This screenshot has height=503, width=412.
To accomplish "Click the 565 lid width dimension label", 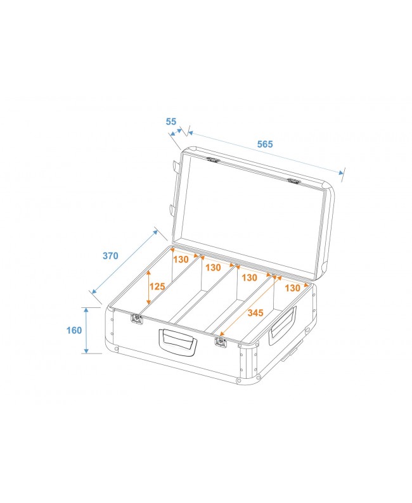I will tap(264, 144).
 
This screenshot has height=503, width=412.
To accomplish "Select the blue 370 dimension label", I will tap(110, 256).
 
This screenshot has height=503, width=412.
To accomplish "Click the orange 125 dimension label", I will tap(157, 286).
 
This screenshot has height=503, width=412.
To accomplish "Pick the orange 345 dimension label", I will tap(255, 312).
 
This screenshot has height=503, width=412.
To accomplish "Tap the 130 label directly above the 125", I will tap(181, 259).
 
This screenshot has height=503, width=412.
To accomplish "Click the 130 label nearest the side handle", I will tap(292, 288).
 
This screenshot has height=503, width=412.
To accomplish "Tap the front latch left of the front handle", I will tap(135, 319).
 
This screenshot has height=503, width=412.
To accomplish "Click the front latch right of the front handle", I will tap(221, 342).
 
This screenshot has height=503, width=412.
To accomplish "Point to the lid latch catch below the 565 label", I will tap(293, 182).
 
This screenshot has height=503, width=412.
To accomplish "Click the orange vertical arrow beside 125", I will tap(148, 289).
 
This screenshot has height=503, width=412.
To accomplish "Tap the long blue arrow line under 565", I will tap(265, 153).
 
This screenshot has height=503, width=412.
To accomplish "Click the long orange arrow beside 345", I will tap(247, 303).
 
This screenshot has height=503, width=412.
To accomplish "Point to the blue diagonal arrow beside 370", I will tap(126, 261).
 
